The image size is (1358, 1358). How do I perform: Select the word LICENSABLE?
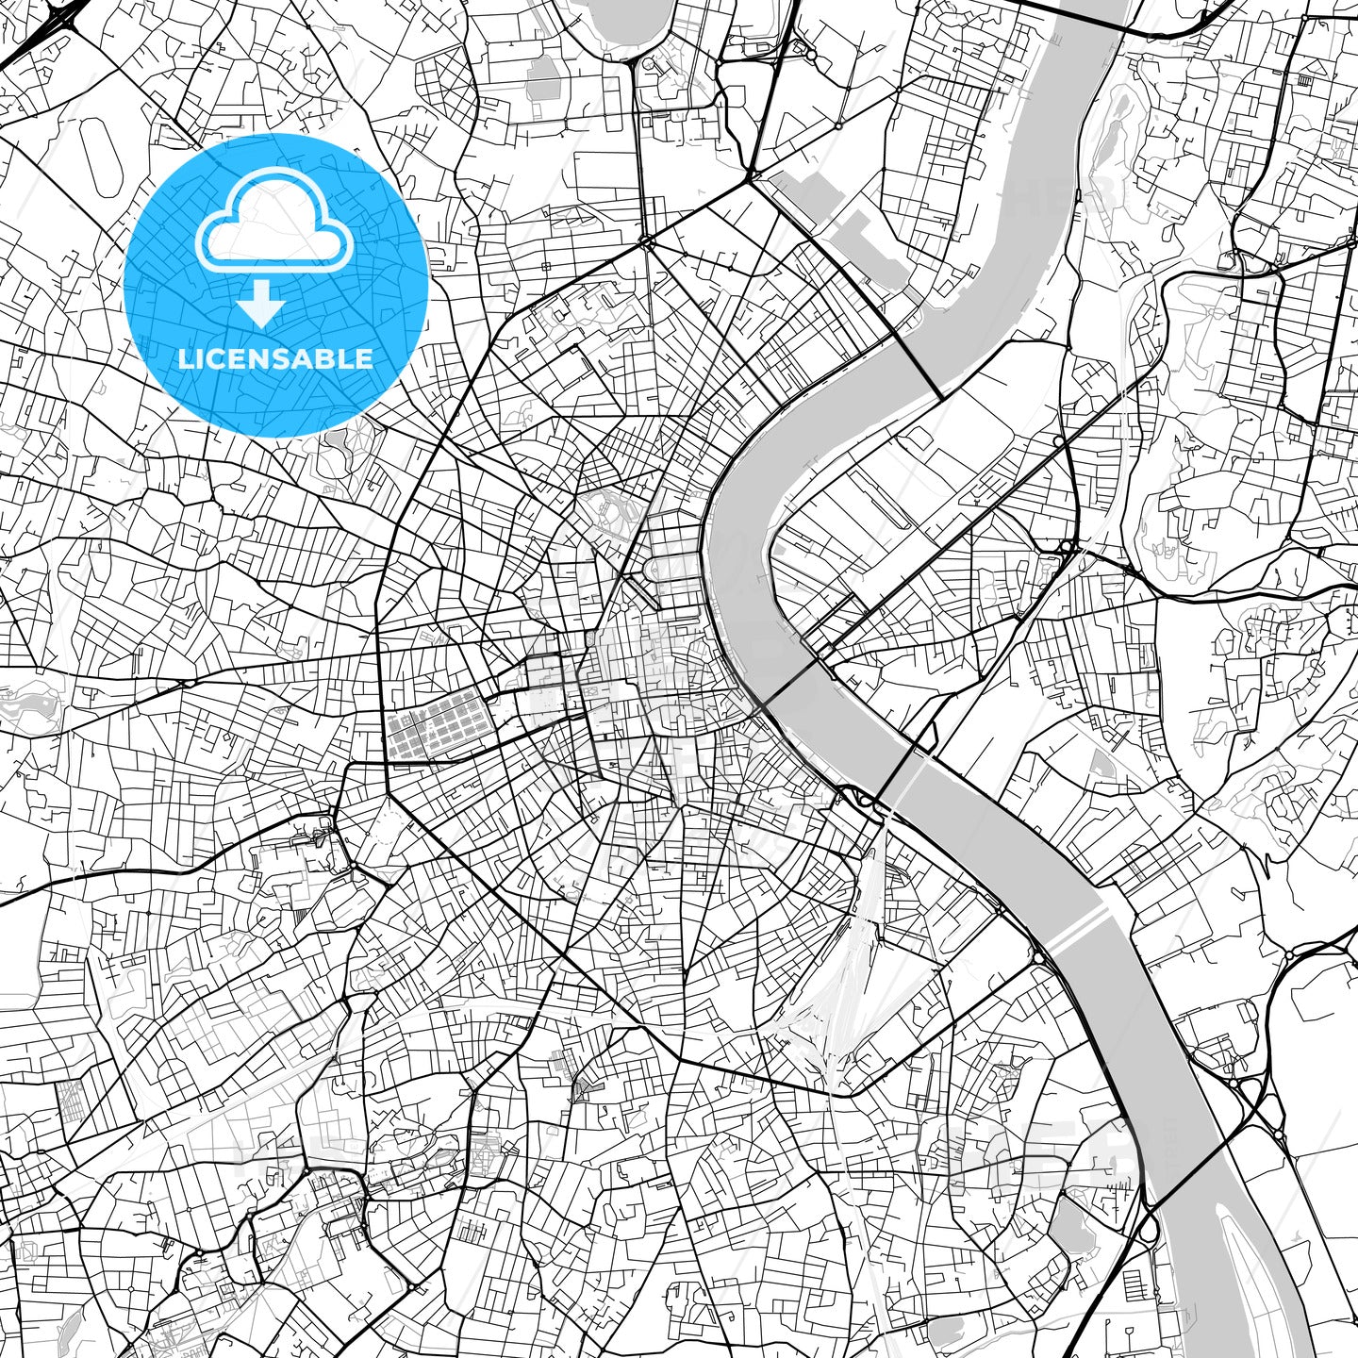click(x=275, y=358)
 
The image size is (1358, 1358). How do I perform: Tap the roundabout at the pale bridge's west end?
click(x=1038, y=958)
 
